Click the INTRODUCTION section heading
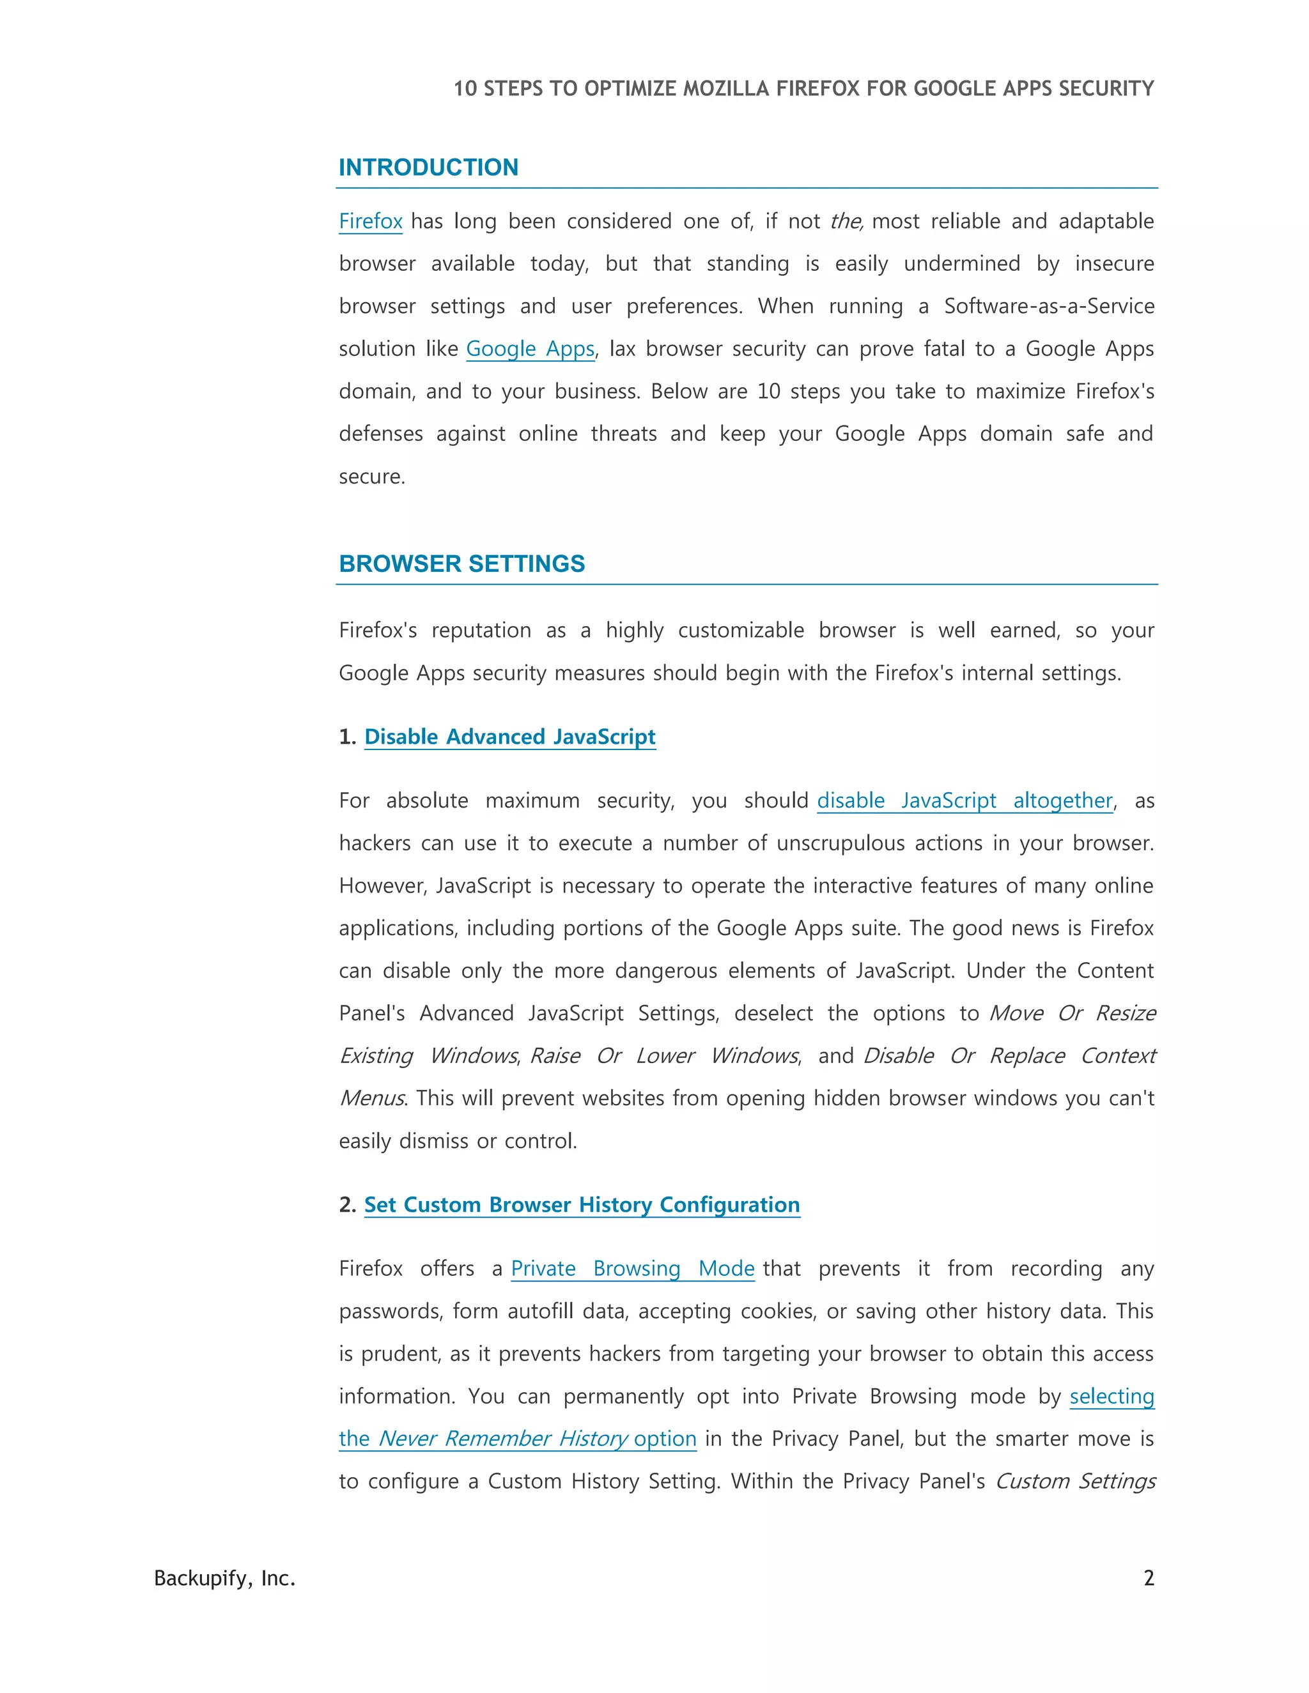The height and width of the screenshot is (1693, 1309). pyautogui.click(x=428, y=167)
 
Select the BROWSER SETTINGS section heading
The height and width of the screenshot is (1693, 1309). pyautogui.click(x=461, y=563)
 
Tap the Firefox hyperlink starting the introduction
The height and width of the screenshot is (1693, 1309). pyautogui.click(x=371, y=222)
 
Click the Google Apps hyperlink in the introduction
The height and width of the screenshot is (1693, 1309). pyautogui.click(x=530, y=349)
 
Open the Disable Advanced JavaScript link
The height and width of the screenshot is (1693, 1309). pyautogui.click(x=509, y=737)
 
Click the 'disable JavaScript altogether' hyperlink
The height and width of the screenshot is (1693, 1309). pyautogui.click(x=964, y=800)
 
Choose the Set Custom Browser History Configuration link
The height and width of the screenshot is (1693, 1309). pyautogui.click(x=582, y=1205)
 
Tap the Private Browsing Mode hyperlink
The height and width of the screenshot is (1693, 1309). pyautogui.click(x=632, y=1268)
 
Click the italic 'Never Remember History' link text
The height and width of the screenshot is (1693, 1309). pyautogui.click(x=503, y=1439)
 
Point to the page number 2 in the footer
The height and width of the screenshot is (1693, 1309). pyautogui.click(x=1149, y=1578)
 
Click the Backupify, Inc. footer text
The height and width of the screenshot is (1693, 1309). pyautogui.click(x=225, y=1578)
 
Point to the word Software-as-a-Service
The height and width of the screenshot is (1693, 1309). pyautogui.click(x=1048, y=306)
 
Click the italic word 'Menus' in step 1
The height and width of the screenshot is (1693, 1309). pyautogui.click(x=371, y=1098)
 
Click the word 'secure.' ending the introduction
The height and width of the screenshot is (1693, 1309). pyautogui.click(x=372, y=477)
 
